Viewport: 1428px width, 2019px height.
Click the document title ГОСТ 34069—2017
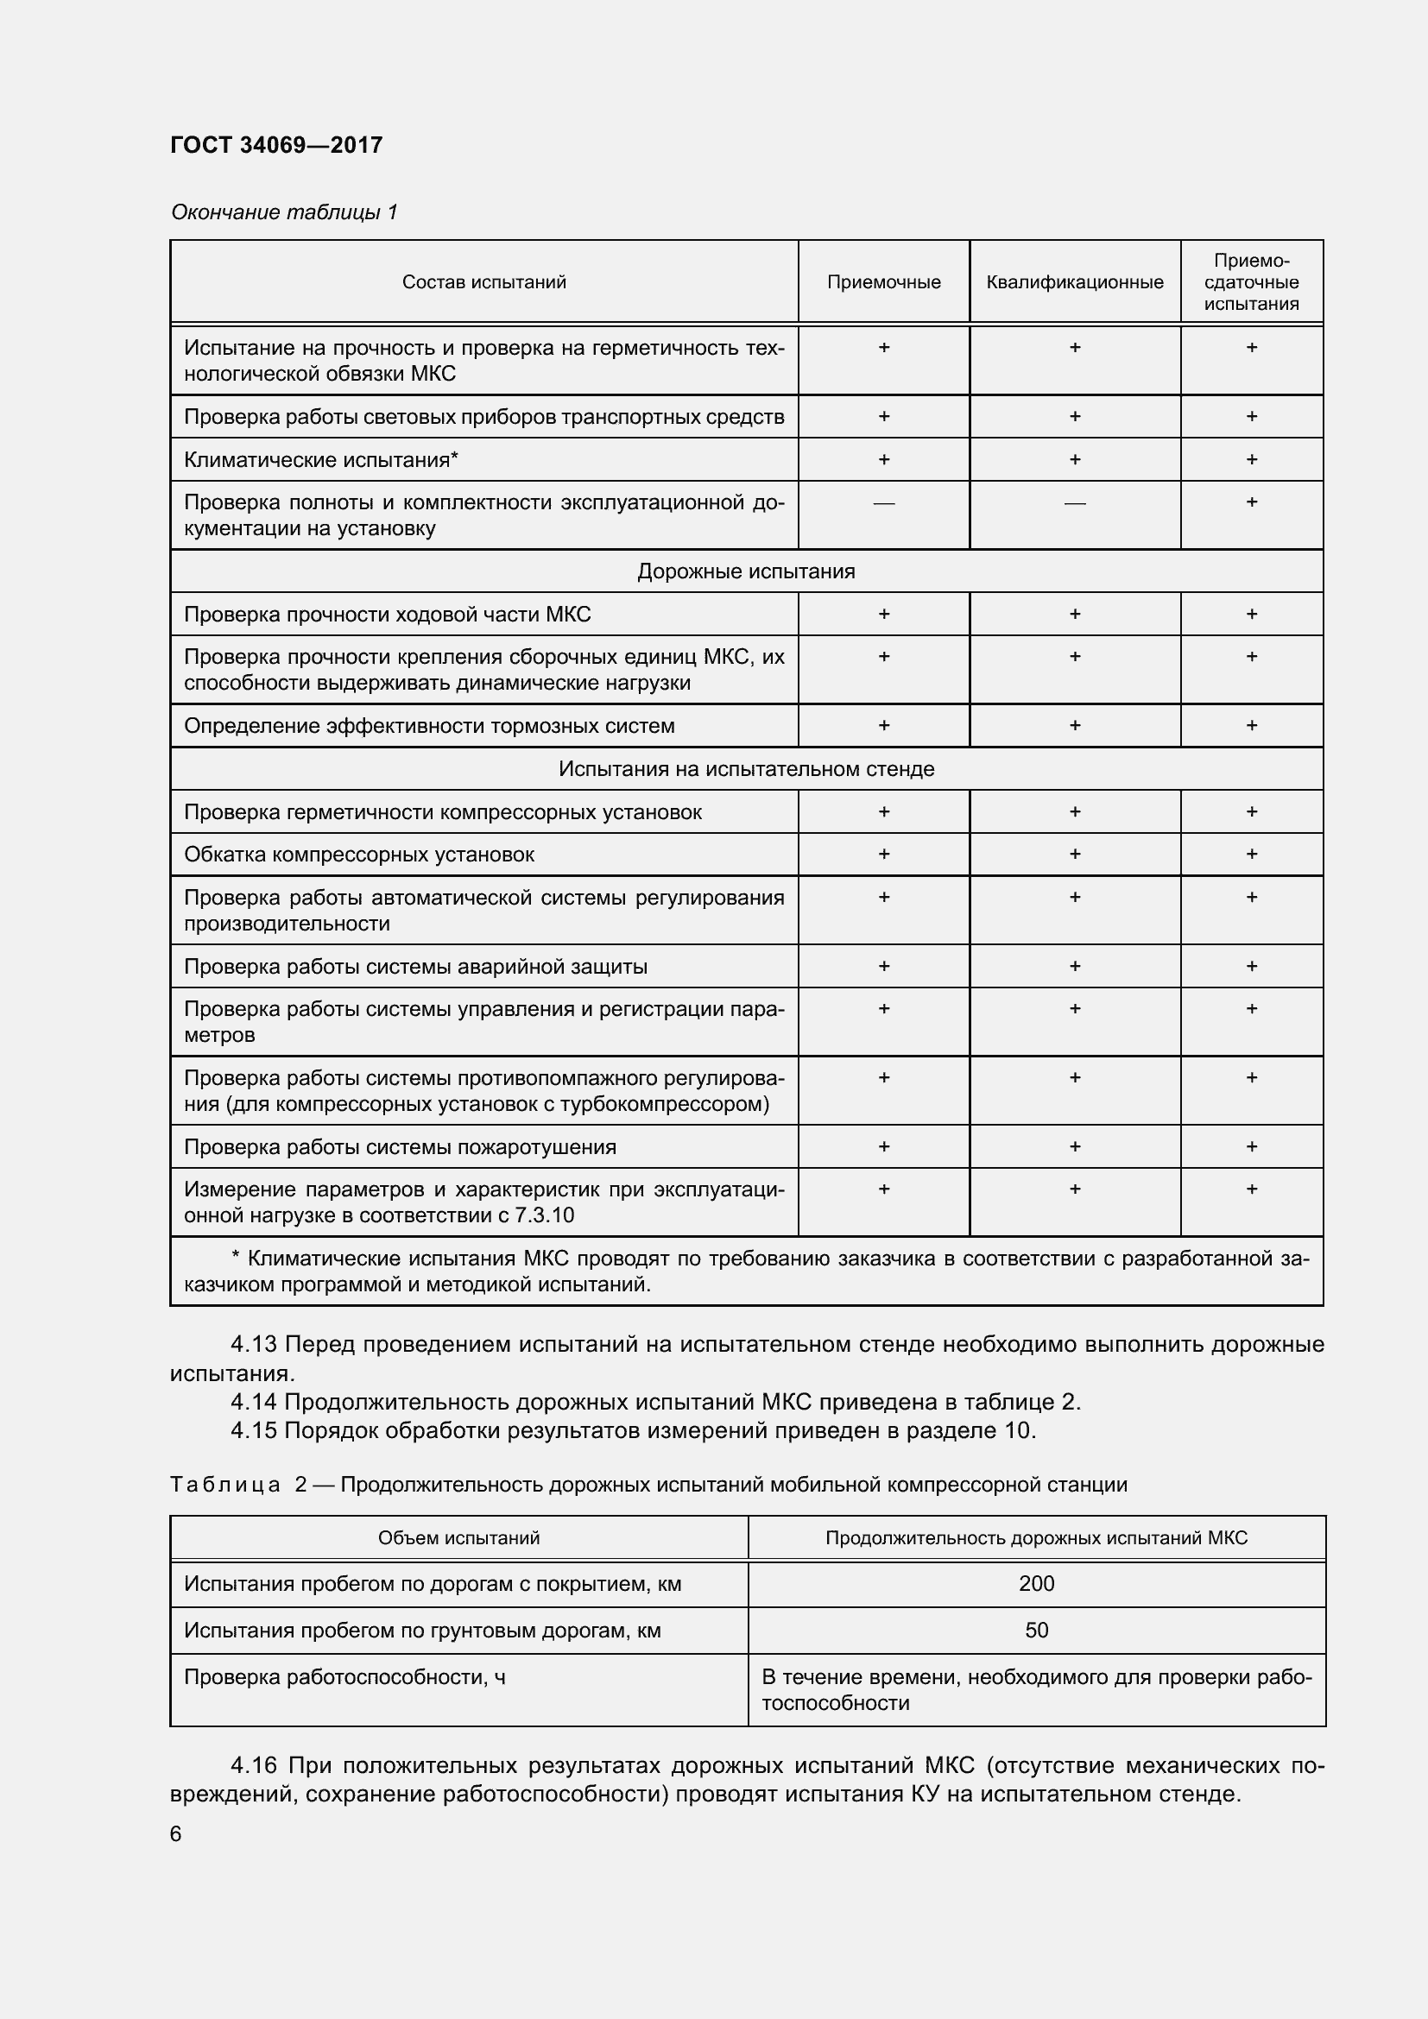[276, 145]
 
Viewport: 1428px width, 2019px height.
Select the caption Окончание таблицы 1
[284, 212]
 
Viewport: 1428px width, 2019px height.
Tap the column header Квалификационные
[1074, 282]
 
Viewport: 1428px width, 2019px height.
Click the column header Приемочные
[883, 282]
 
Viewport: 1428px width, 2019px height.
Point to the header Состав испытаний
[483, 282]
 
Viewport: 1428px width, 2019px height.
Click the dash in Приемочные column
[883, 503]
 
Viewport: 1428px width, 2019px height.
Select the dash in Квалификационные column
[1074, 503]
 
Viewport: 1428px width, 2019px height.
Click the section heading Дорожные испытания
[746, 571]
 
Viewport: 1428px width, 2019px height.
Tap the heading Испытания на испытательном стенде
[746, 769]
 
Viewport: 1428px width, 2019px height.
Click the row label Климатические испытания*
[321, 460]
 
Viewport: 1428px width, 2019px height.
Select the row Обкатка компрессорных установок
[359, 855]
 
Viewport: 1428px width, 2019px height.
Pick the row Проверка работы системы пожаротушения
[400, 1146]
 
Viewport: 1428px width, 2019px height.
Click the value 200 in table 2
[1036, 1584]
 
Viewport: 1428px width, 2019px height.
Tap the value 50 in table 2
[1036, 1631]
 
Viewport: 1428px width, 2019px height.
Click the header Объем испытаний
[458, 1538]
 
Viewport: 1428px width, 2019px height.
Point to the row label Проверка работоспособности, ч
[344, 1677]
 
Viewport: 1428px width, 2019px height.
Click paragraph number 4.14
[253, 1402]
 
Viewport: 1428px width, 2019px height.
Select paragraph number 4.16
[253, 1766]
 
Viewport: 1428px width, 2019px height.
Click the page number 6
[176, 1834]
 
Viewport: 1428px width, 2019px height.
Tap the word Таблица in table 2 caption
[225, 1485]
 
